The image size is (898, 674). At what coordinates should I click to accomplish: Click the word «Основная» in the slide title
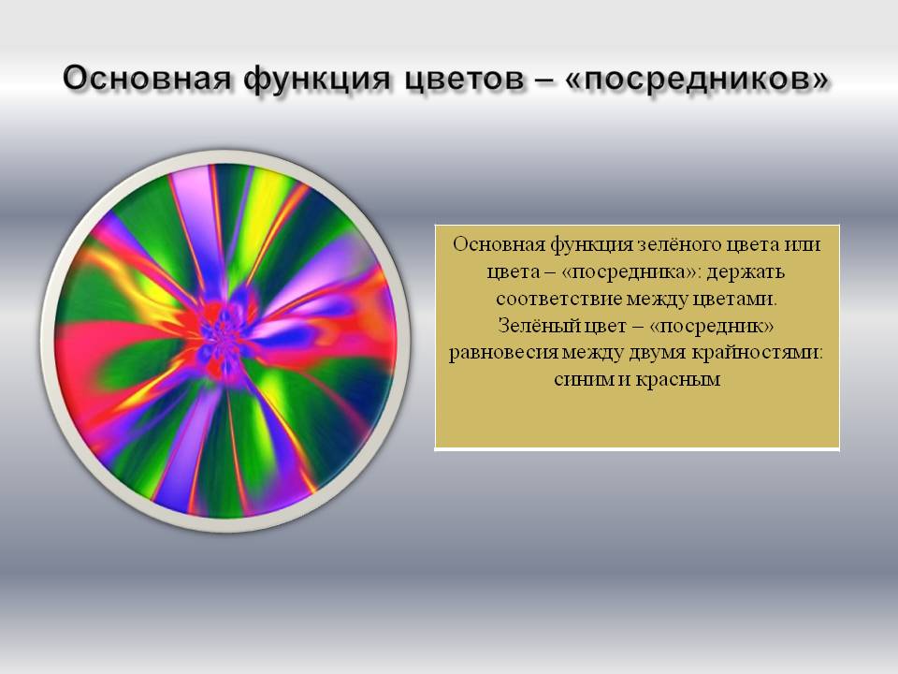pyautogui.click(x=147, y=78)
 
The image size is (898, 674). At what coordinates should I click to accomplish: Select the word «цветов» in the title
pyautogui.click(x=463, y=79)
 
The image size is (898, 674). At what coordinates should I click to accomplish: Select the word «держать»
pyautogui.click(x=745, y=271)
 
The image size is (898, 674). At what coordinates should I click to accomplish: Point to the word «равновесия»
pyautogui.click(x=502, y=353)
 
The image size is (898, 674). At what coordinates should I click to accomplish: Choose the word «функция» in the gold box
pyautogui.click(x=591, y=245)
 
